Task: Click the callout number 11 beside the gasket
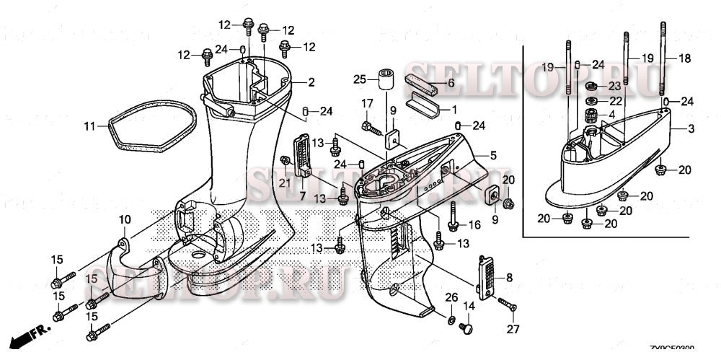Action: (89, 126)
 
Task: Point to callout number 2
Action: (311, 83)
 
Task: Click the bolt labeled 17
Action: (372, 128)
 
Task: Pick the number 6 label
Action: (451, 82)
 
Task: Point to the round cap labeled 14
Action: (466, 328)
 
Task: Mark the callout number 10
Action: (125, 219)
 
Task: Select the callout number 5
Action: (493, 154)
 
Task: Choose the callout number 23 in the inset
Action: (614, 84)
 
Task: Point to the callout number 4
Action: (611, 114)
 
